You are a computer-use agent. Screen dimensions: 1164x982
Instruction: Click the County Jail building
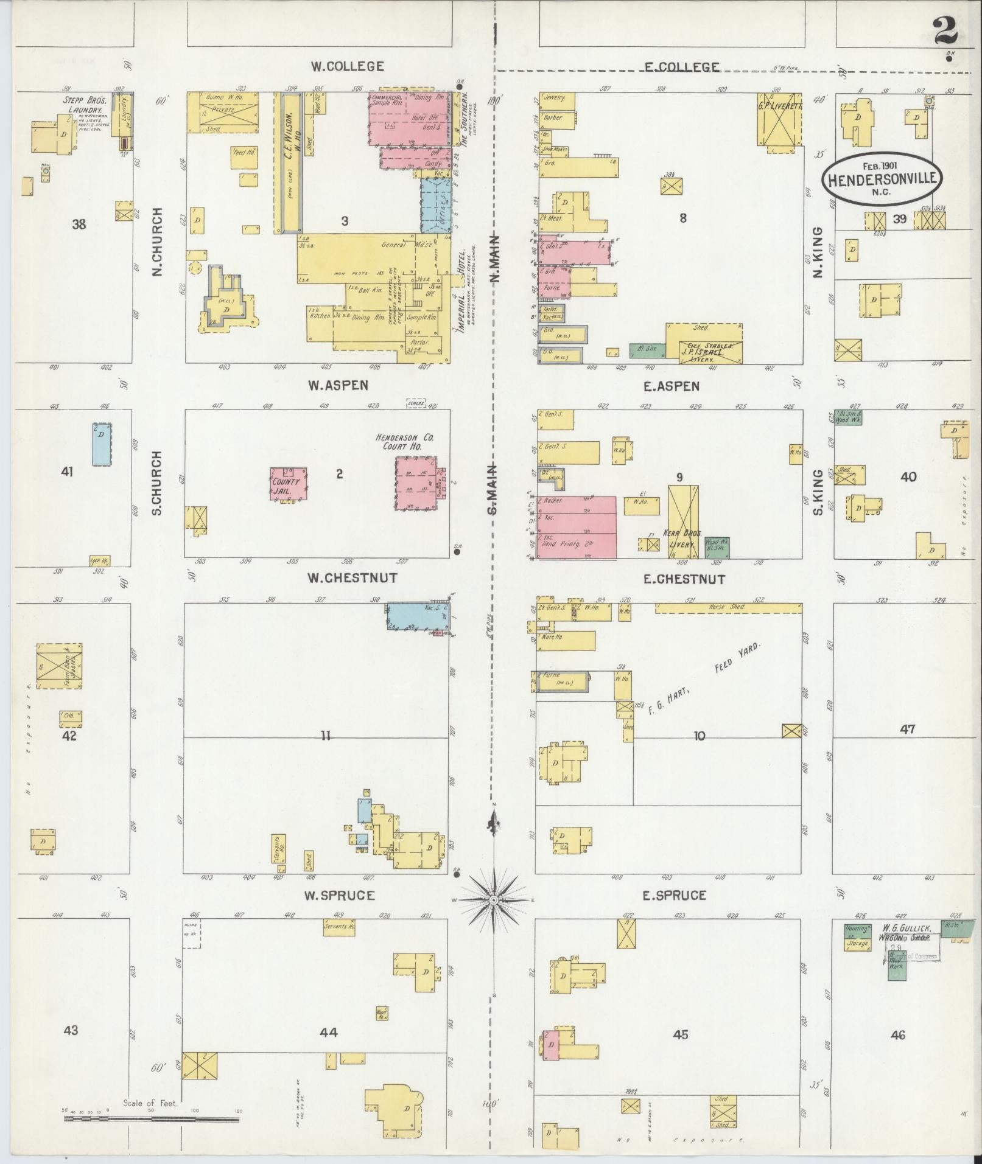point(288,484)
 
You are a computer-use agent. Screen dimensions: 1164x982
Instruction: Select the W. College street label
point(347,66)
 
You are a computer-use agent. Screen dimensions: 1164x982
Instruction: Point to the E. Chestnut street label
point(684,579)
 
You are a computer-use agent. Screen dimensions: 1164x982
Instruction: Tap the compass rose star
point(494,899)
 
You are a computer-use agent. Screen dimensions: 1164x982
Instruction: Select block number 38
point(79,225)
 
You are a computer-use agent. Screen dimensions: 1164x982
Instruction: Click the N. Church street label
point(158,242)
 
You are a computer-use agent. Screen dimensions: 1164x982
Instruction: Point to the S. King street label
point(818,492)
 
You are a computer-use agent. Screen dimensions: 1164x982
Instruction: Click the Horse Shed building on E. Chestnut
point(728,607)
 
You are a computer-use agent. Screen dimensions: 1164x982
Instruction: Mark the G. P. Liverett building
point(779,119)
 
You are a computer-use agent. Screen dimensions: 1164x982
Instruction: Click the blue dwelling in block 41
point(102,444)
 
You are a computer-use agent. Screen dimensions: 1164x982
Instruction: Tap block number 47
point(907,728)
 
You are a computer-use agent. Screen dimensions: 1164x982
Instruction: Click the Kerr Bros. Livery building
point(683,521)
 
